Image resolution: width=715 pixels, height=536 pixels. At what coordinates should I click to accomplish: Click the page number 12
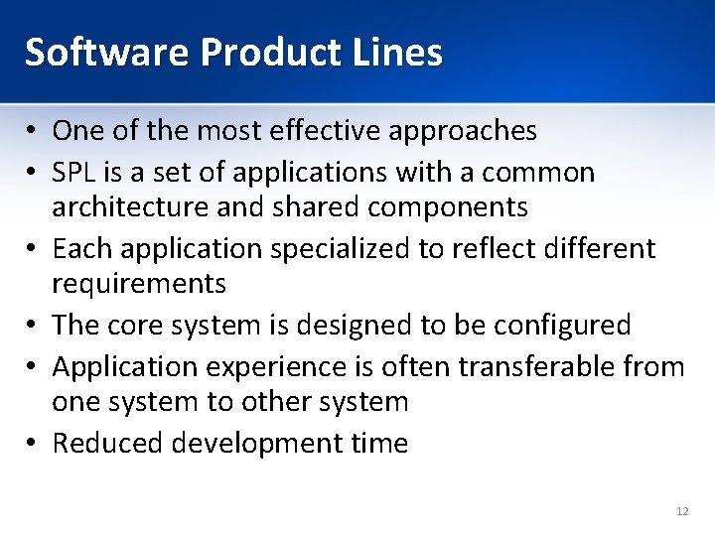tap(681, 511)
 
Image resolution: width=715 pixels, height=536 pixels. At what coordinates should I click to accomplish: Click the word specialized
tap(317, 248)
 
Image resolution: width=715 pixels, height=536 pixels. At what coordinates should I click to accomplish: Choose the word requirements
tap(139, 284)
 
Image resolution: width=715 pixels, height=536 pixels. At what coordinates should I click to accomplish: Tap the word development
tap(253, 444)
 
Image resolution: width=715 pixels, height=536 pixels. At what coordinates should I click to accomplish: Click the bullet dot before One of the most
tap(34, 131)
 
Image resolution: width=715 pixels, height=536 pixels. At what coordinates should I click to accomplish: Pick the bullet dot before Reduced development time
tap(34, 444)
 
